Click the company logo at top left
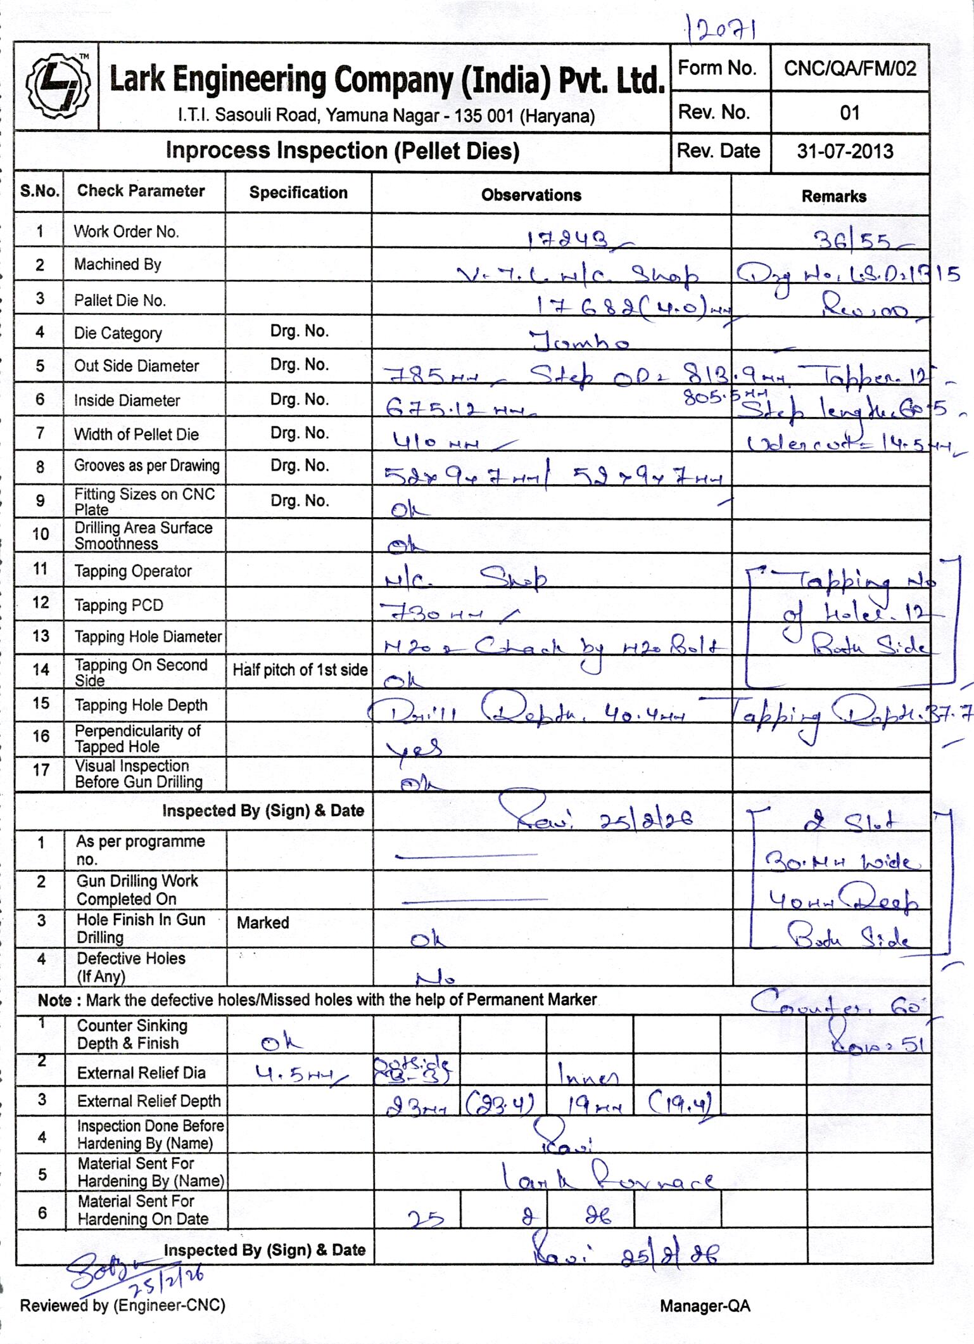coord(57,86)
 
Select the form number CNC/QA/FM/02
coord(849,68)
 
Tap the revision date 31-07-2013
coord(845,151)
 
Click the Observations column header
coord(531,195)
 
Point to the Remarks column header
coord(833,196)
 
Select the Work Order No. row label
coord(126,232)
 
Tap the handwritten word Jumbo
coord(579,342)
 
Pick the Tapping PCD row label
coord(118,606)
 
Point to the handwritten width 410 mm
coord(436,442)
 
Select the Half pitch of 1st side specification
coord(300,670)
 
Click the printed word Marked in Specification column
coord(263,923)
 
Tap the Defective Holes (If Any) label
coord(130,967)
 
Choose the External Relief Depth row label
coord(148,1101)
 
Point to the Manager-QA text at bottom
coord(705,1306)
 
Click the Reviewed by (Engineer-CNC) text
coord(123,1305)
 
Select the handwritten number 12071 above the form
coord(722,29)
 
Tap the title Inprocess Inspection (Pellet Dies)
coord(342,151)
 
